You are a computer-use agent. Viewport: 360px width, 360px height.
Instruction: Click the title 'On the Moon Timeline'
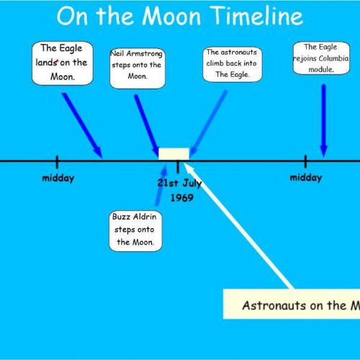(180, 16)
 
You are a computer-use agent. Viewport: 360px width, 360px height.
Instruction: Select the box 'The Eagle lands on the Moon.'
(63, 63)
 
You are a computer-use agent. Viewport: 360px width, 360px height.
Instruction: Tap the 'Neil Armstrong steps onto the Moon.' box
(138, 68)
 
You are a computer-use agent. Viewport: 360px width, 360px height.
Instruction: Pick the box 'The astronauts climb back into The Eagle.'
(232, 64)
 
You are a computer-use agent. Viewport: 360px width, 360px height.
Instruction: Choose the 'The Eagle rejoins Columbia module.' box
(321, 58)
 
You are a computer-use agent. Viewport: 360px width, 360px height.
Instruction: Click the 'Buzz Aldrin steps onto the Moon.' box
(135, 231)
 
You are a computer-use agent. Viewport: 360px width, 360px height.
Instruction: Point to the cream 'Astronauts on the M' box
(292, 304)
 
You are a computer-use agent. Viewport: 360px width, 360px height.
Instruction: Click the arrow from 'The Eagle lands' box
(82, 125)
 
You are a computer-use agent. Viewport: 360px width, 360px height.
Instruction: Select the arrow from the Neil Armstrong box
(147, 125)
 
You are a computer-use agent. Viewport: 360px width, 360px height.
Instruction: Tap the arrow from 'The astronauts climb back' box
(208, 123)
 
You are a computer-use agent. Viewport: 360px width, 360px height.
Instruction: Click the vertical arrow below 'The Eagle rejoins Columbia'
(324, 120)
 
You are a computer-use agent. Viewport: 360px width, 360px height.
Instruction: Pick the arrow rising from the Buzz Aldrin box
(161, 185)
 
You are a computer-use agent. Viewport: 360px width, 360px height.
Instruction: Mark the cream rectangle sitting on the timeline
(174, 154)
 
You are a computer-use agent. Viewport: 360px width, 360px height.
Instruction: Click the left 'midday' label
(58, 179)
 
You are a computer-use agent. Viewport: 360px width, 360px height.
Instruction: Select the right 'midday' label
(306, 178)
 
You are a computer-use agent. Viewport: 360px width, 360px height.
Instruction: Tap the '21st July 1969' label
(180, 190)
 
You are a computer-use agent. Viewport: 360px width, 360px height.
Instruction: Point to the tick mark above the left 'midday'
(57, 162)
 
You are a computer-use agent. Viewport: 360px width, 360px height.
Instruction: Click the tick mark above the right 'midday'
(305, 161)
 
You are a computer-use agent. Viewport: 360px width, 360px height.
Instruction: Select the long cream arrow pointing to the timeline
(238, 225)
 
